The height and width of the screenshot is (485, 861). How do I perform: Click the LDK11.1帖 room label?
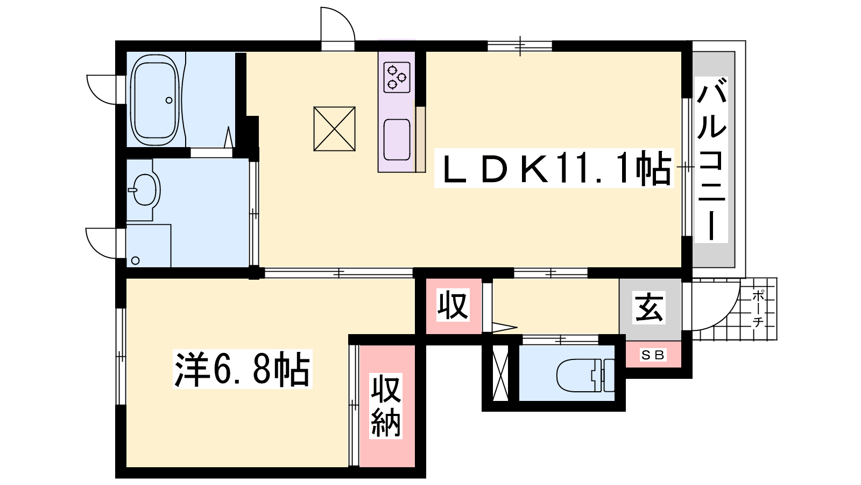[x=554, y=168]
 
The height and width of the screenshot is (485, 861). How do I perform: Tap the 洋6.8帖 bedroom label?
[x=242, y=369]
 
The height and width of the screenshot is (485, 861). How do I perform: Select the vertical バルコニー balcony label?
[x=711, y=159]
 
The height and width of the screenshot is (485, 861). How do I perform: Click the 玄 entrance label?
[x=649, y=308]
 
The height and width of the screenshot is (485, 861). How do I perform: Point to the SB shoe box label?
[x=653, y=355]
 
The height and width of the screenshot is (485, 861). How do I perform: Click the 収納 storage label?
[x=386, y=406]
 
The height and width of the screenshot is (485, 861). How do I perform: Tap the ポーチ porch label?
[x=758, y=308]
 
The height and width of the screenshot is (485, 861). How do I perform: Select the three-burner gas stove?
[x=397, y=78]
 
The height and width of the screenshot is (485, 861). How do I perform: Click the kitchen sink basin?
[x=397, y=140]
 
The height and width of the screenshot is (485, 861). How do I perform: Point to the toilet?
[x=585, y=375]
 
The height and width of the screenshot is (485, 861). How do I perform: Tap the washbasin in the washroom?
[x=145, y=190]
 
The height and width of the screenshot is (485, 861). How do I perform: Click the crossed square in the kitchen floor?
[x=334, y=129]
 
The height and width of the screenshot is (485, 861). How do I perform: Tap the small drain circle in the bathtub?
[x=169, y=100]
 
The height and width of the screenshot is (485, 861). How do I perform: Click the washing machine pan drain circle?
[x=135, y=261]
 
